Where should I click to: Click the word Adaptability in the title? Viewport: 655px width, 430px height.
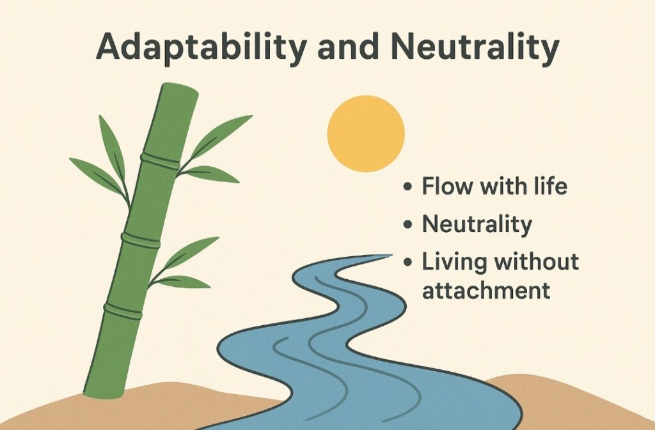(x=201, y=47)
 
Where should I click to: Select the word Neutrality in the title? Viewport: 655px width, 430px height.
(x=475, y=47)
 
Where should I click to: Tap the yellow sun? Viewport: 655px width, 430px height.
(x=365, y=134)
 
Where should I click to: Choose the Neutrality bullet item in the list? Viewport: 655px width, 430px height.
(x=477, y=224)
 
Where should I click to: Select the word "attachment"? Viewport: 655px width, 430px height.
(x=486, y=289)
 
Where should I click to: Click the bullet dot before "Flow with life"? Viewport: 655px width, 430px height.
(x=408, y=187)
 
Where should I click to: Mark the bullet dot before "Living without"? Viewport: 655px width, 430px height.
(x=408, y=263)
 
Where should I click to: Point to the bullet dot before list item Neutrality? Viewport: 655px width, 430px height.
(x=408, y=224)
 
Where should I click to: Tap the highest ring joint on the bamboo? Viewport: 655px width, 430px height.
(x=160, y=160)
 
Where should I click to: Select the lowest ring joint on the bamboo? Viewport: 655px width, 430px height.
(x=123, y=311)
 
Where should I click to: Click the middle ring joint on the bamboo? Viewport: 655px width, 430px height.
(x=141, y=240)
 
